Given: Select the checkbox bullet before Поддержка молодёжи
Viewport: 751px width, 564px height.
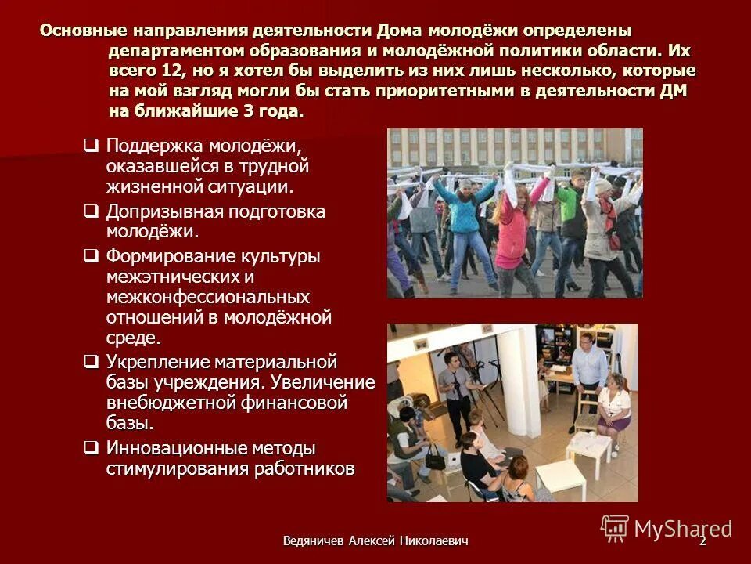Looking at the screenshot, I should tap(91, 146).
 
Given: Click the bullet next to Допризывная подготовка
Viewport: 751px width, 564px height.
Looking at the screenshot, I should tap(91, 211).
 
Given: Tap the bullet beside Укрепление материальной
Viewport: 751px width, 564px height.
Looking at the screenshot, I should tap(91, 362).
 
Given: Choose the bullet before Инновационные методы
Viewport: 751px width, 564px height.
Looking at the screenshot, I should tap(91, 448).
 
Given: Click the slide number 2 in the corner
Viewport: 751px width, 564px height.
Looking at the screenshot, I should tap(702, 540).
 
